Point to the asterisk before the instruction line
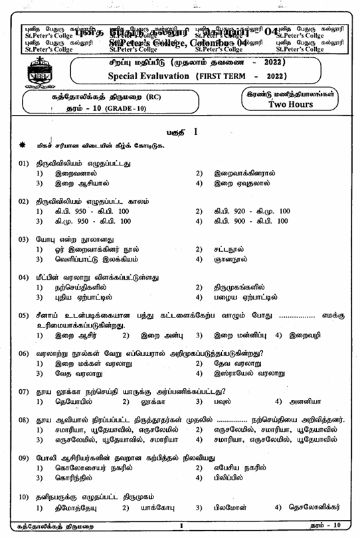(x=23, y=145)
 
